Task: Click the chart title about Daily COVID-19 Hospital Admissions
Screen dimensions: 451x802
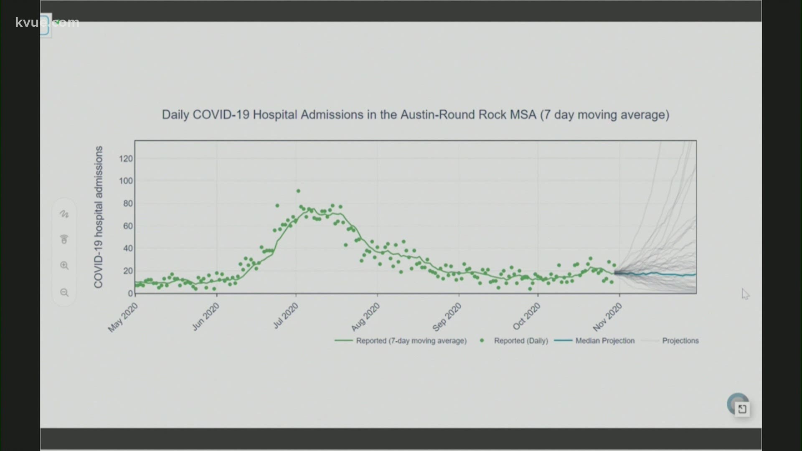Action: [415, 115]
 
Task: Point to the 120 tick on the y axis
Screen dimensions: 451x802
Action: [126, 159]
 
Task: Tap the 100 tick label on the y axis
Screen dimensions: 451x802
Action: [126, 181]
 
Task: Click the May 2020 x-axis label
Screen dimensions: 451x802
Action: [123, 317]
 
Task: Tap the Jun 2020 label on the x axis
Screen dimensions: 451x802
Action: [205, 317]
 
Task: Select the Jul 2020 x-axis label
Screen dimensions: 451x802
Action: [286, 316]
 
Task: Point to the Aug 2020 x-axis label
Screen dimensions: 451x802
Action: [365, 317]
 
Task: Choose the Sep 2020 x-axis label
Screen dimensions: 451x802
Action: [447, 317]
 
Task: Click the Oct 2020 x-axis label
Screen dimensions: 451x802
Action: [526, 317]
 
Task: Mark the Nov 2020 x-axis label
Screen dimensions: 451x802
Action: [607, 317]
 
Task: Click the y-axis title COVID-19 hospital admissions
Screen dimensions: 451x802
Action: [99, 217]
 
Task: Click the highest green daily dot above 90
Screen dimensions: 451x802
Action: [298, 191]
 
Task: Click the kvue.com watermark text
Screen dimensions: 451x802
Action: [47, 22]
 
